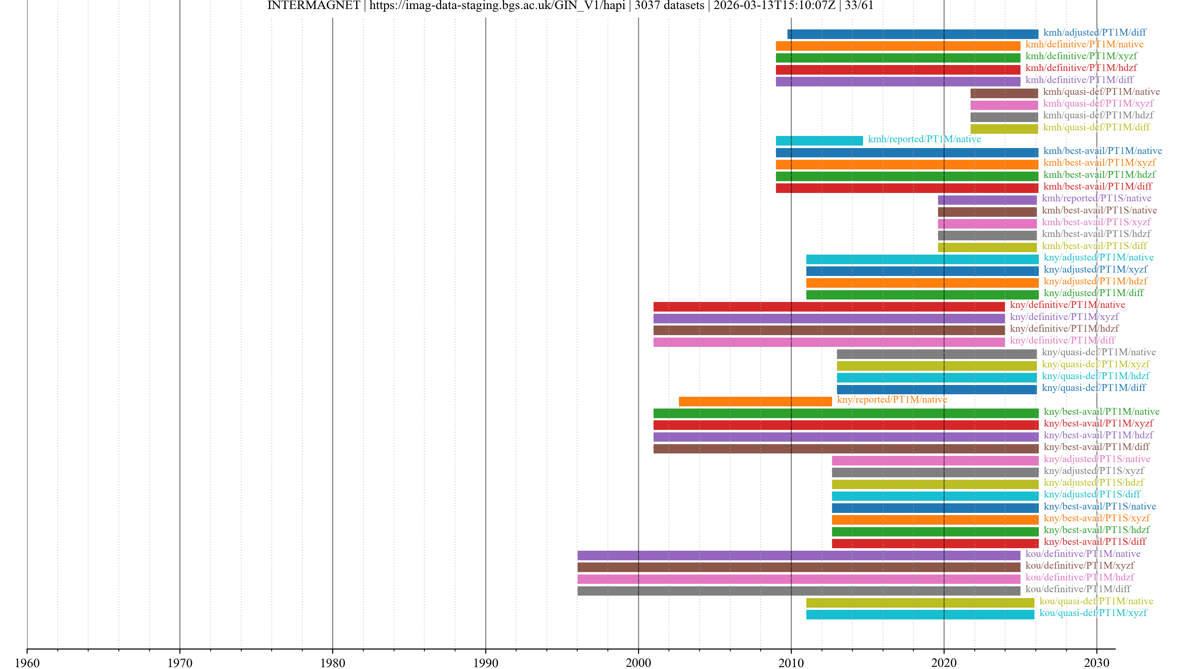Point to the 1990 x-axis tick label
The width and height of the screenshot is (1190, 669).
[x=486, y=662]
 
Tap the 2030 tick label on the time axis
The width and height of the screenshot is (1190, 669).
[x=1097, y=662]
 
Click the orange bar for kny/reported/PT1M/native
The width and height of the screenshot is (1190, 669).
[x=755, y=401]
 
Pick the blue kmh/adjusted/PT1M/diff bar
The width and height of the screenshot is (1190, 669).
[x=912, y=34]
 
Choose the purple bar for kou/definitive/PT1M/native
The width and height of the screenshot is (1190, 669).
[x=799, y=555]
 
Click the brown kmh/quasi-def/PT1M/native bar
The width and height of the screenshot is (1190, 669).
[x=1004, y=93]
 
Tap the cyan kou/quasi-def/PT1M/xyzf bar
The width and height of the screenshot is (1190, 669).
[x=920, y=614]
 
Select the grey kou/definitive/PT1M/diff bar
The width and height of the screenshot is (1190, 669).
[x=799, y=591]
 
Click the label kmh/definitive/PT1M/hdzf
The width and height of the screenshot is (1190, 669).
[x=1081, y=68]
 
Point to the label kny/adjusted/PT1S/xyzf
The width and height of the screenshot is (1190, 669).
[x=1093, y=470]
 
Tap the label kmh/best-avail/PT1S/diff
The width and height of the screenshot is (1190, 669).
[x=1094, y=246]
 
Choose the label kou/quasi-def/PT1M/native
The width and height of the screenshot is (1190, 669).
[x=1096, y=601]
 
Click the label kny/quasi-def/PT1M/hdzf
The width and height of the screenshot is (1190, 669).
[x=1095, y=376]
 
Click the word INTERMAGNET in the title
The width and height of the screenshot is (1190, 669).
[x=313, y=6]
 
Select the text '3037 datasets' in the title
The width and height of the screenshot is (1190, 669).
[x=669, y=6]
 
